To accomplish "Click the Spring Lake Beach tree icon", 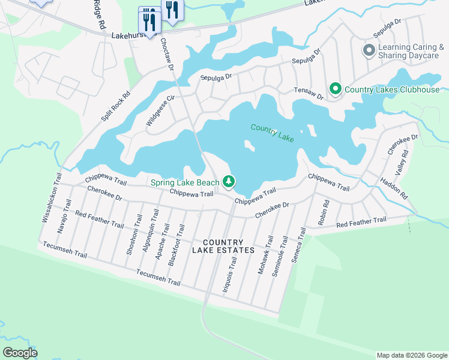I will [x=228, y=181].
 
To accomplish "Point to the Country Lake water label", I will [x=273, y=133].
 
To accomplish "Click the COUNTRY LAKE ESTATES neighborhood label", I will [x=223, y=245].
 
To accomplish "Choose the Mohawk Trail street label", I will [x=265, y=255].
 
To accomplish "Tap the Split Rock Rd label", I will [x=116, y=107].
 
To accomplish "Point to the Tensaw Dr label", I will [x=309, y=93].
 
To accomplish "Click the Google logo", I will [x=20, y=353].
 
